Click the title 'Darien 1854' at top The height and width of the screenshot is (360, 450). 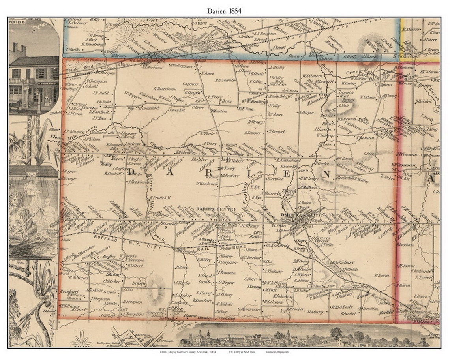[224, 11]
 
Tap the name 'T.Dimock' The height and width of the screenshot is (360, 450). [277, 131]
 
